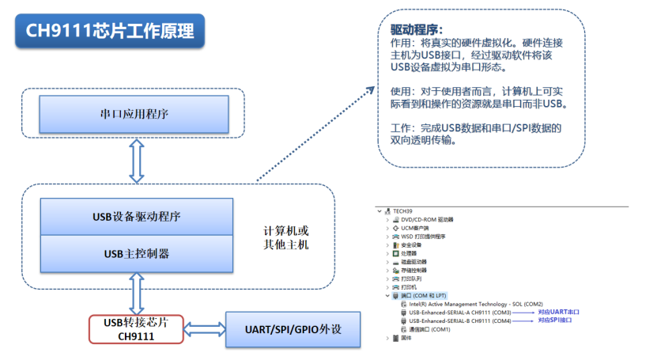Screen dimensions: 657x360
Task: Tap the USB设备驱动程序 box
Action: click(135, 216)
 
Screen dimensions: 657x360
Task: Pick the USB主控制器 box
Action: click(135, 253)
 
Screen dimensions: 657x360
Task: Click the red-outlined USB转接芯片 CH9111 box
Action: click(135, 329)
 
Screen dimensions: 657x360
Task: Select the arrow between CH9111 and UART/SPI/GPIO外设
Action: click(204, 328)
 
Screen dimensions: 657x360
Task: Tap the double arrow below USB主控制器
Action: click(136, 293)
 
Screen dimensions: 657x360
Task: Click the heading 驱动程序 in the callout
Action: click(417, 30)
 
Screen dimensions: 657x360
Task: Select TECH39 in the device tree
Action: click(402, 211)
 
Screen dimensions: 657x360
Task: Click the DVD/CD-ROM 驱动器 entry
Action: click(427, 219)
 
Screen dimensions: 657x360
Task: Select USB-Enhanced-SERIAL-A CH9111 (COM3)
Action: click(459, 313)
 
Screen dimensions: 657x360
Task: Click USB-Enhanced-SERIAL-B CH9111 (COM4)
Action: click(459, 320)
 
